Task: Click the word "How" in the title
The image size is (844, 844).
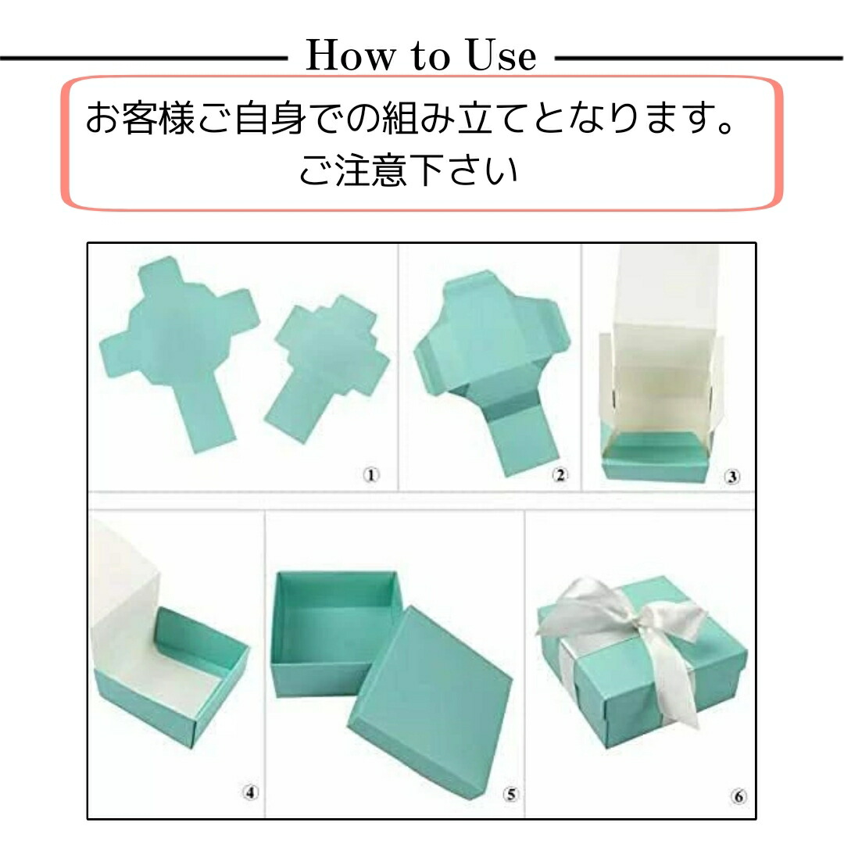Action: pos(350,55)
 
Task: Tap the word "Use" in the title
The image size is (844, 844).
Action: pos(501,55)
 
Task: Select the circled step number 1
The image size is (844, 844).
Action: pos(370,475)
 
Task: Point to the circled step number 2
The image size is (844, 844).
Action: pos(560,475)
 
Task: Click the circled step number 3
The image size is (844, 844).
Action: pos(731,477)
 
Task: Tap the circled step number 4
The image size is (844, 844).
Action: pos(250,792)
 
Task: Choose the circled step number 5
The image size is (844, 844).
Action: pos(511,794)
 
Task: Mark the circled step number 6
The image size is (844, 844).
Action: pos(739,796)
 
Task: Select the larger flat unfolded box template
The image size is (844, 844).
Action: pos(177,350)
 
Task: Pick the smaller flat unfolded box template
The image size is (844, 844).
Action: pos(328,366)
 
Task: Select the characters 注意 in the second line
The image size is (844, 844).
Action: pos(371,170)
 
